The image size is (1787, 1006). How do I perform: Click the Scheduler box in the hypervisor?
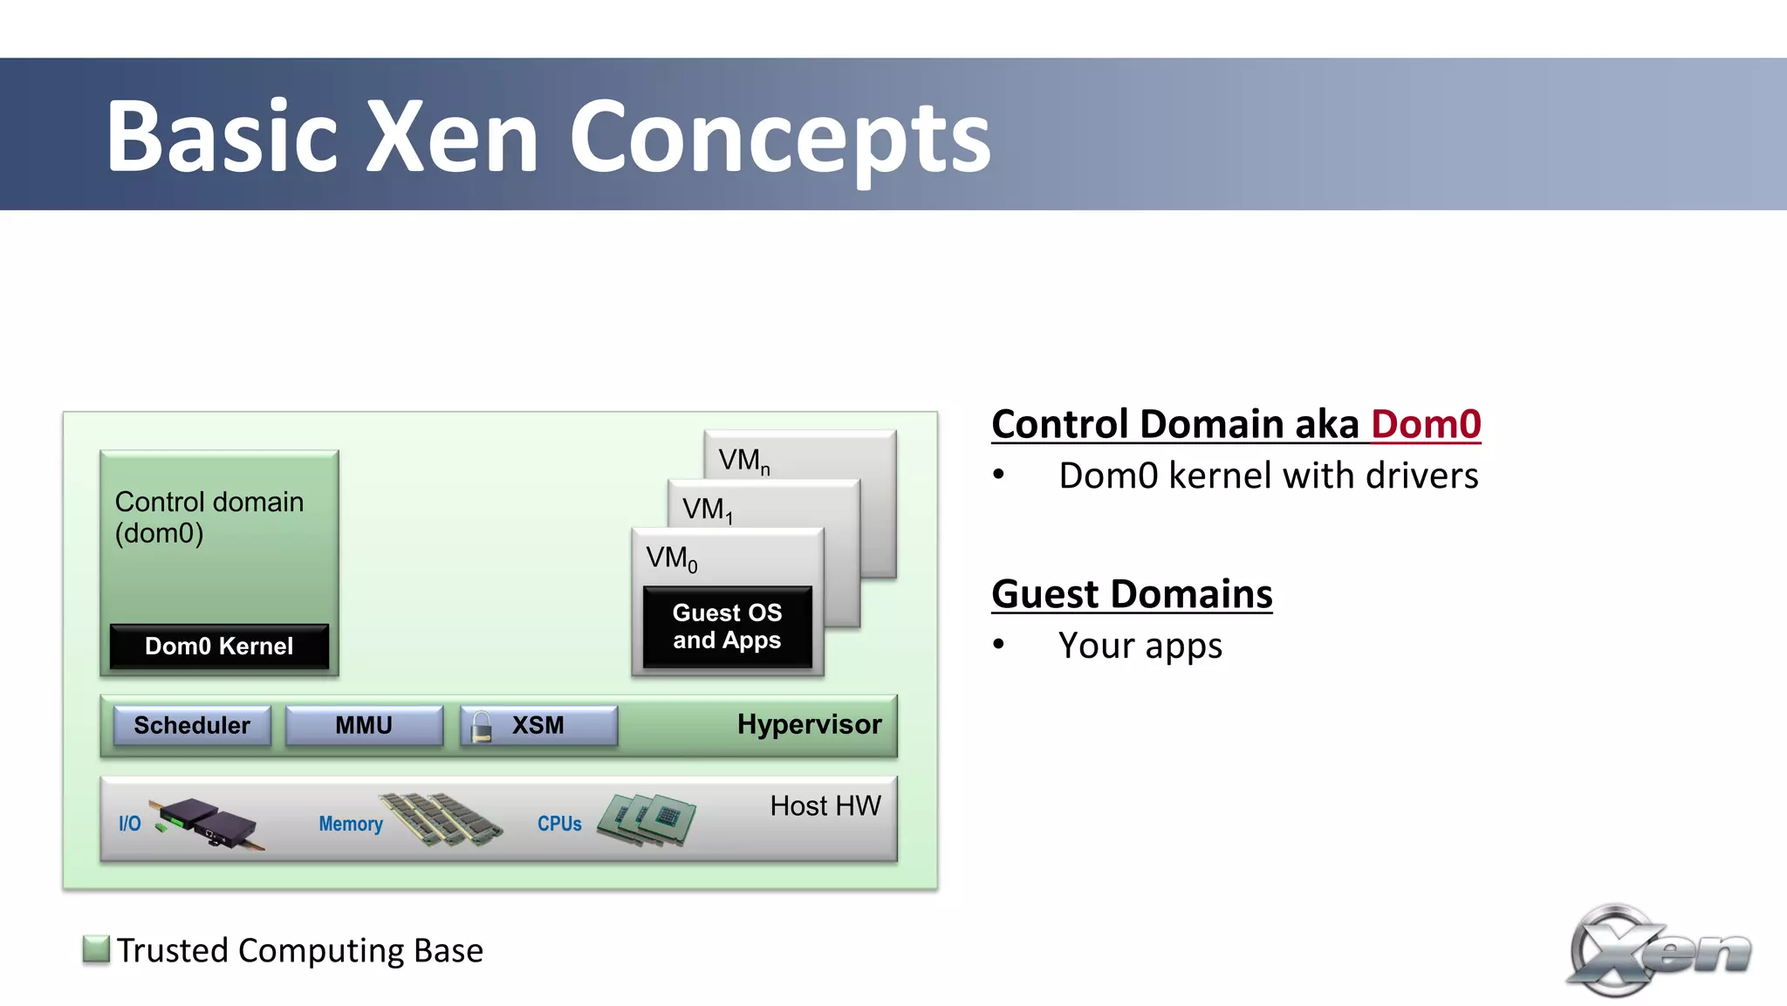192,725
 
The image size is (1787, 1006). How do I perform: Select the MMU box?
364,725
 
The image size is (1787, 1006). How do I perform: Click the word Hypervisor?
809,724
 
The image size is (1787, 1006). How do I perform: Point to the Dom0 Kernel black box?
219,647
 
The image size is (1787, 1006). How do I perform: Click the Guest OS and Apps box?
727,626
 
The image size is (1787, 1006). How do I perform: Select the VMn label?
743,460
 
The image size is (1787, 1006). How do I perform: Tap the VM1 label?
707,510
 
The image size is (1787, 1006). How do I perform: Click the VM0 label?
671,558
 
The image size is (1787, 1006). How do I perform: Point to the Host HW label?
825,805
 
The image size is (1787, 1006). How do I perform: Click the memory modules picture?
442,818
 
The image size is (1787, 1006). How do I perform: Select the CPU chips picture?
647,818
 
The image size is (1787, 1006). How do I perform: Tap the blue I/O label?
129,824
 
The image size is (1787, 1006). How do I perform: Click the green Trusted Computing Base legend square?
96,949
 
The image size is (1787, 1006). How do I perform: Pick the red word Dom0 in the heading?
1425,425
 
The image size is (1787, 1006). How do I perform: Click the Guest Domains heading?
1132,594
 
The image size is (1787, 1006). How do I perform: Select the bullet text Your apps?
1140,646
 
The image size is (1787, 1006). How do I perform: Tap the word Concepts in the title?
780,137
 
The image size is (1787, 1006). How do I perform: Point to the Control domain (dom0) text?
209,517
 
